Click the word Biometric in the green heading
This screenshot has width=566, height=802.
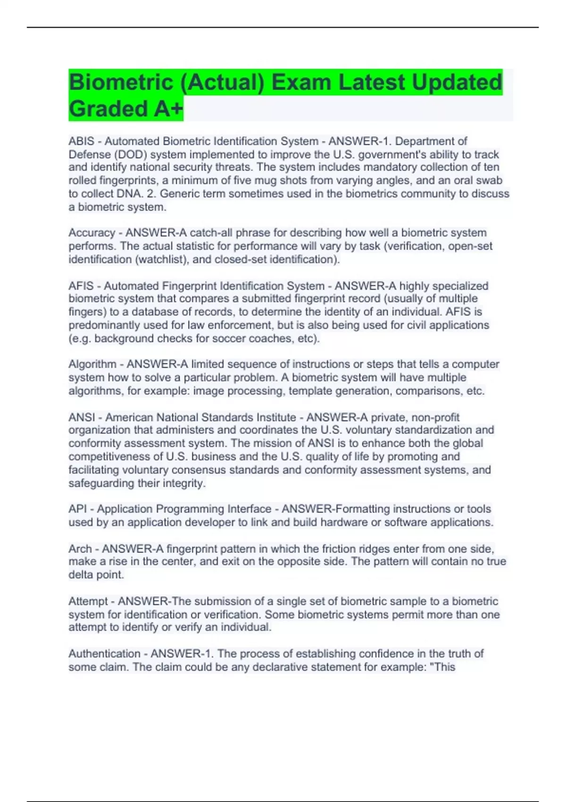[121, 83]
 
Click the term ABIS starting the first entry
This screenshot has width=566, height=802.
[81, 141]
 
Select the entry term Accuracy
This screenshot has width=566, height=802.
[92, 233]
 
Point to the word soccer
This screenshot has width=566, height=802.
[231, 339]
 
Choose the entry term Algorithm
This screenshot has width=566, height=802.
[92, 364]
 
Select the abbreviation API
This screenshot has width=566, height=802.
[77, 509]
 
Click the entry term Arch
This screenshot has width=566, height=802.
[80, 549]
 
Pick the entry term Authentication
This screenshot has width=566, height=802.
[104, 654]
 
